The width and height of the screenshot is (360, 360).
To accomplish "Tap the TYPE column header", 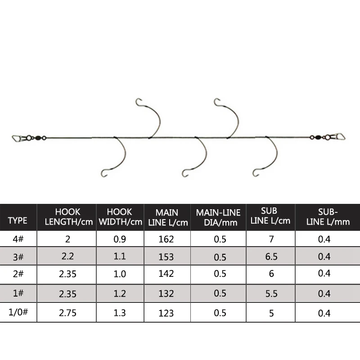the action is pyautogui.click(x=18, y=220).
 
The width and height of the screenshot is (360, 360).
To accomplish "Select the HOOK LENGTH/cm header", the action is pyautogui.click(x=69, y=217).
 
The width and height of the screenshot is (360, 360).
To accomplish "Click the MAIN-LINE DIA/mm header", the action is pyautogui.click(x=218, y=217).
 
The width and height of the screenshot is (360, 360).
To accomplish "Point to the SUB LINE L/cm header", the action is pyautogui.click(x=270, y=216).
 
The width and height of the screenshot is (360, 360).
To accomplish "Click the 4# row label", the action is pyautogui.click(x=18, y=239).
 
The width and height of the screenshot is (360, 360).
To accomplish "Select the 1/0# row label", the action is pyautogui.click(x=18, y=312).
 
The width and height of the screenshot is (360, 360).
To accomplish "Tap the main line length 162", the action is pyautogui.click(x=166, y=239).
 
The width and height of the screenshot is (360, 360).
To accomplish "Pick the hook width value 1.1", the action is pyautogui.click(x=120, y=256).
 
